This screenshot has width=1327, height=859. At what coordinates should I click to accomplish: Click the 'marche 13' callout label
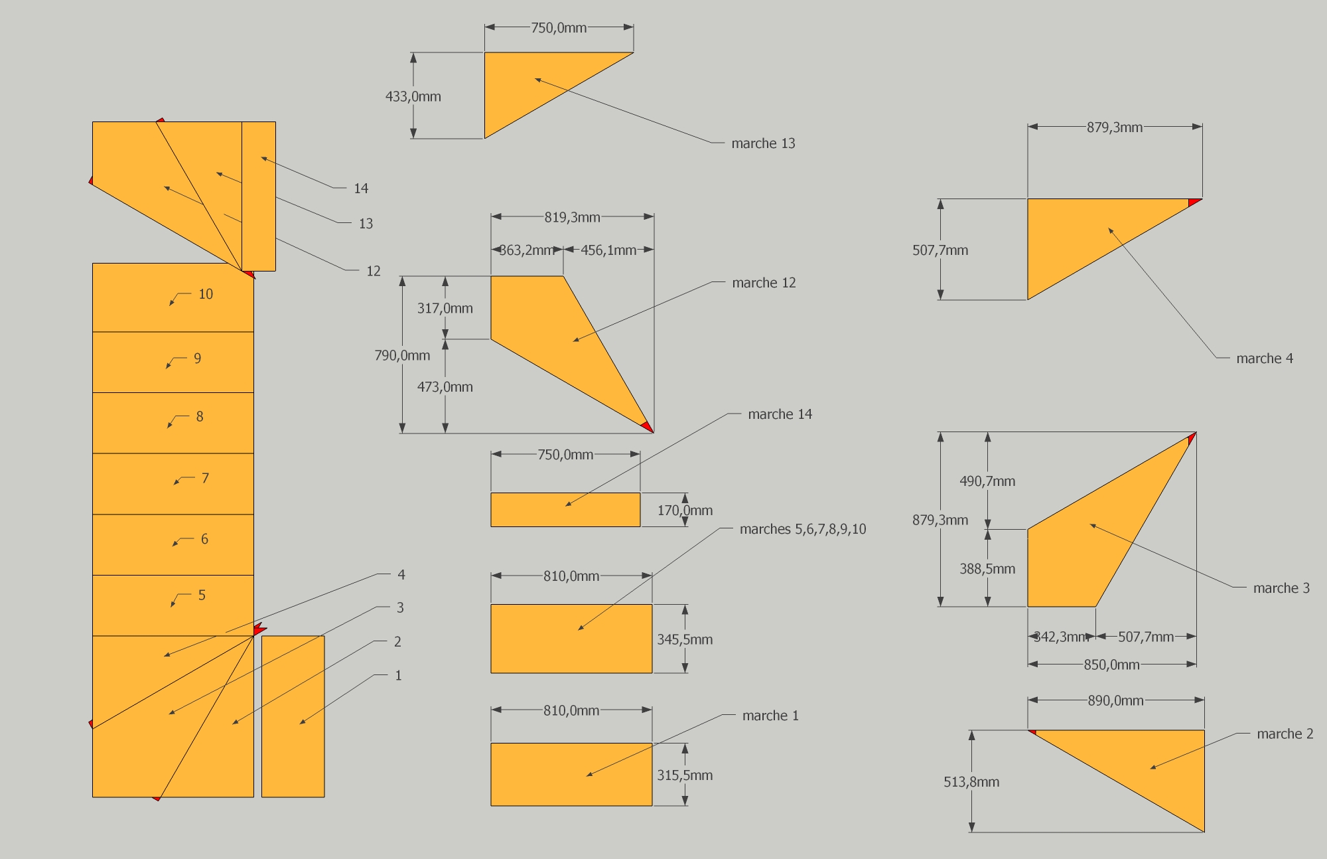click(x=763, y=143)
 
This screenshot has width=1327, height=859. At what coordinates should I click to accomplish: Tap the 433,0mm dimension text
click(x=413, y=96)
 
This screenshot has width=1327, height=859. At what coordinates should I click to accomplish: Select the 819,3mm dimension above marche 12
click(x=572, y=217)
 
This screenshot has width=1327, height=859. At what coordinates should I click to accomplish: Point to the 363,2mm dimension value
click(x=526, y=250)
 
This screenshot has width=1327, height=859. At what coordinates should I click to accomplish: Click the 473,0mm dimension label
click(x=445, y=387)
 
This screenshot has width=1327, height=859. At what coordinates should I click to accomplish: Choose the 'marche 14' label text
click(x=780, y=414)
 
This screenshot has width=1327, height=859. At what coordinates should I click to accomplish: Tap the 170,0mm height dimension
click(x=685, y=510)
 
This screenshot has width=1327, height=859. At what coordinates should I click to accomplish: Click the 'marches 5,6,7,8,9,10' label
click(x=803, y=529)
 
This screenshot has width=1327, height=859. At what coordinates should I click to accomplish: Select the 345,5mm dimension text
click(x=685, y=639)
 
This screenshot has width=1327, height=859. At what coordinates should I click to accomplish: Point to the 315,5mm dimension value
click(x=685, y=775)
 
